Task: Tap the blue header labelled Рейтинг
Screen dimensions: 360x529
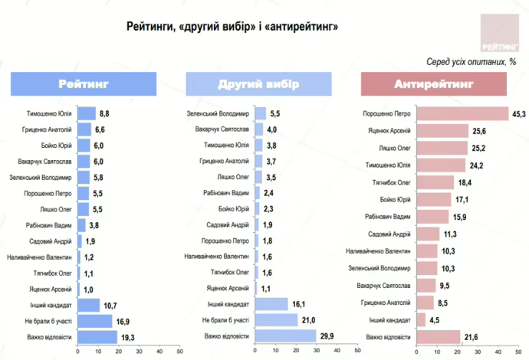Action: pyautogui.click(x=84, y=83)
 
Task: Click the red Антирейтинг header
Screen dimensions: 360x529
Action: pyautogui.click(x=434, y=83)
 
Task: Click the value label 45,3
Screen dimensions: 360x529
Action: pyautogui.click(x=518, y=114)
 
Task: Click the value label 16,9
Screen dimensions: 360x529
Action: pyautogui.click(x=121, y=320)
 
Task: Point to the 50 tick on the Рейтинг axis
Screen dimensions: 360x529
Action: pyautogui.click(x=179, y=352)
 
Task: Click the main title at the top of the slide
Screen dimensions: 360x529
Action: pyautogui.click(x=232, y=27)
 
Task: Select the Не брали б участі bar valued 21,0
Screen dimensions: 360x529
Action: pyautogui.click(x=277, y=320)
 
